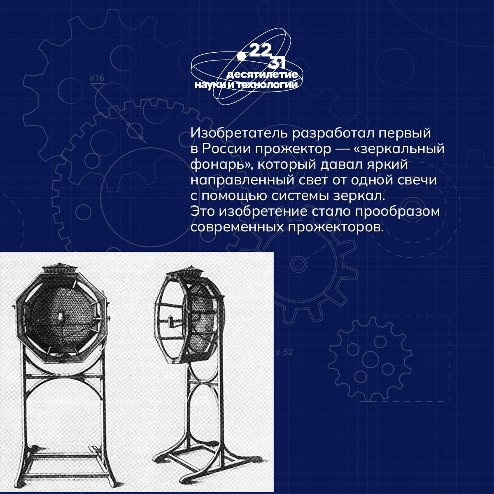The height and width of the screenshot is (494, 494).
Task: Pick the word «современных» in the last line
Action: tap(237, 227)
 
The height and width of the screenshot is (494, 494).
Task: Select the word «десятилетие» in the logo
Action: tap(262, 75)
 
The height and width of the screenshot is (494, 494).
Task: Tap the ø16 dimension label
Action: tap(97, 78)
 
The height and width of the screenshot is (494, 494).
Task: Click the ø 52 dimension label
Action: tap(284, 352)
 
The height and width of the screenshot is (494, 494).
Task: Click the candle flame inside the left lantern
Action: tap(61, 317)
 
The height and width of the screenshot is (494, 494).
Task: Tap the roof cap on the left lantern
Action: tap(60, 269)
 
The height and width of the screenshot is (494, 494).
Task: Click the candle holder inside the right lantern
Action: tap(171, 322)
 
